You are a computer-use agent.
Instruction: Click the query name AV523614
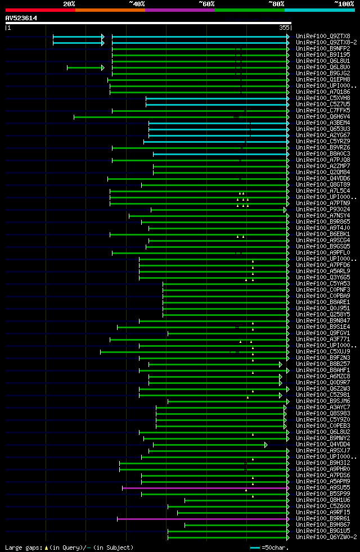click(21, 18)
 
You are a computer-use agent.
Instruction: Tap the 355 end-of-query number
click(283, 27)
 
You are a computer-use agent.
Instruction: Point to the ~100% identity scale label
click(344, 4)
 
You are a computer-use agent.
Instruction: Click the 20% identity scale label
click(69, 4)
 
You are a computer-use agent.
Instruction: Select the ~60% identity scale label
click(206, 4)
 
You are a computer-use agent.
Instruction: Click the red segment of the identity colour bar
click(40, 10)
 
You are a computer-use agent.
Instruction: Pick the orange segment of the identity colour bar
click(110, 10)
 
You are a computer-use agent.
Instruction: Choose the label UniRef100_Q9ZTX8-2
click(327, 42)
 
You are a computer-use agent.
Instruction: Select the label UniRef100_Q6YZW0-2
click(327, 537)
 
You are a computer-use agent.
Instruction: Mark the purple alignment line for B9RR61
click(202, 519)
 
